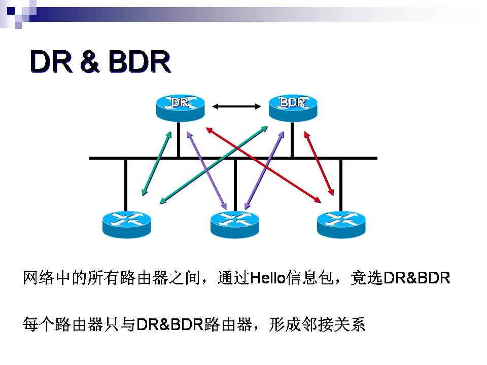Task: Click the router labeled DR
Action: pos(181,107)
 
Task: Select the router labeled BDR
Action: pos(293,107)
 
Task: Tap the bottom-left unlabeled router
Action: pos(127,225)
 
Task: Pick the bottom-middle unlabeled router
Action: pos(234,225)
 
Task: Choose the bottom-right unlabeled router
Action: pos(341,225)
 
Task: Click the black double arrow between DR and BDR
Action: pos(237,106)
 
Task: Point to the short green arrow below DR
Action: pos(157,164)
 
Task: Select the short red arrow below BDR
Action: pos(319,164)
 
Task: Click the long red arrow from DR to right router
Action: pos(263,165)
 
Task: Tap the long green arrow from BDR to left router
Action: pos(214,165)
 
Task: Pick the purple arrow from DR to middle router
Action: pos(206,170)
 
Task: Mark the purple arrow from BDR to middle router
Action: pos(264,170)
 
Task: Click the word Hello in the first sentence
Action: pos(268,278)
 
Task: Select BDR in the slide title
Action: pos(140,61)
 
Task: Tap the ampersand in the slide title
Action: pos(90,61)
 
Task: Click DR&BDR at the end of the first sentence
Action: pos(417,278)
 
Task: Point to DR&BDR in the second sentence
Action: pos(169,324)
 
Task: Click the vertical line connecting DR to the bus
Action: pos(179,139)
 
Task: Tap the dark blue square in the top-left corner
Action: pos(11,11)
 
